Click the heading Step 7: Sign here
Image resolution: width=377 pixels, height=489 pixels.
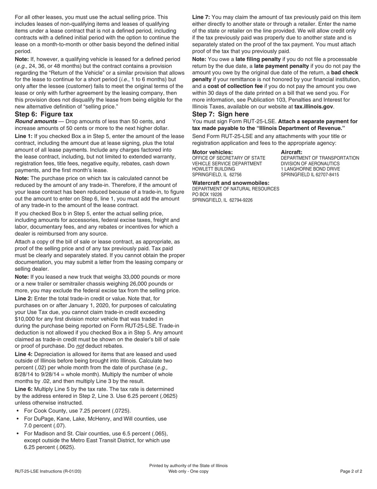tap(220, 114)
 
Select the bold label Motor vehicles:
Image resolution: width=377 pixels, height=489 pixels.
tap(212, 152)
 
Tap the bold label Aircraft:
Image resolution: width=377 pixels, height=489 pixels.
tap(291, 152)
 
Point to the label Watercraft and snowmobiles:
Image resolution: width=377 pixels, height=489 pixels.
tap(231, 183)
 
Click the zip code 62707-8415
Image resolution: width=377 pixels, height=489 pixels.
tap(325, 175)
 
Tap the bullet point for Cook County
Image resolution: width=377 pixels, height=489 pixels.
tap(18, 411)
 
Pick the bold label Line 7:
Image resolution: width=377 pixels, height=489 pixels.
tap(201, 17)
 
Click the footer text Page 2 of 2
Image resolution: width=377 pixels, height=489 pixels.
tap(351, 472)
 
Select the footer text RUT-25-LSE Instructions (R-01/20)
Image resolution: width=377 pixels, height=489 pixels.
tap(48, 472)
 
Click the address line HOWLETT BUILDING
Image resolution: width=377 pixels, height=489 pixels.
tap(214, 169)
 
